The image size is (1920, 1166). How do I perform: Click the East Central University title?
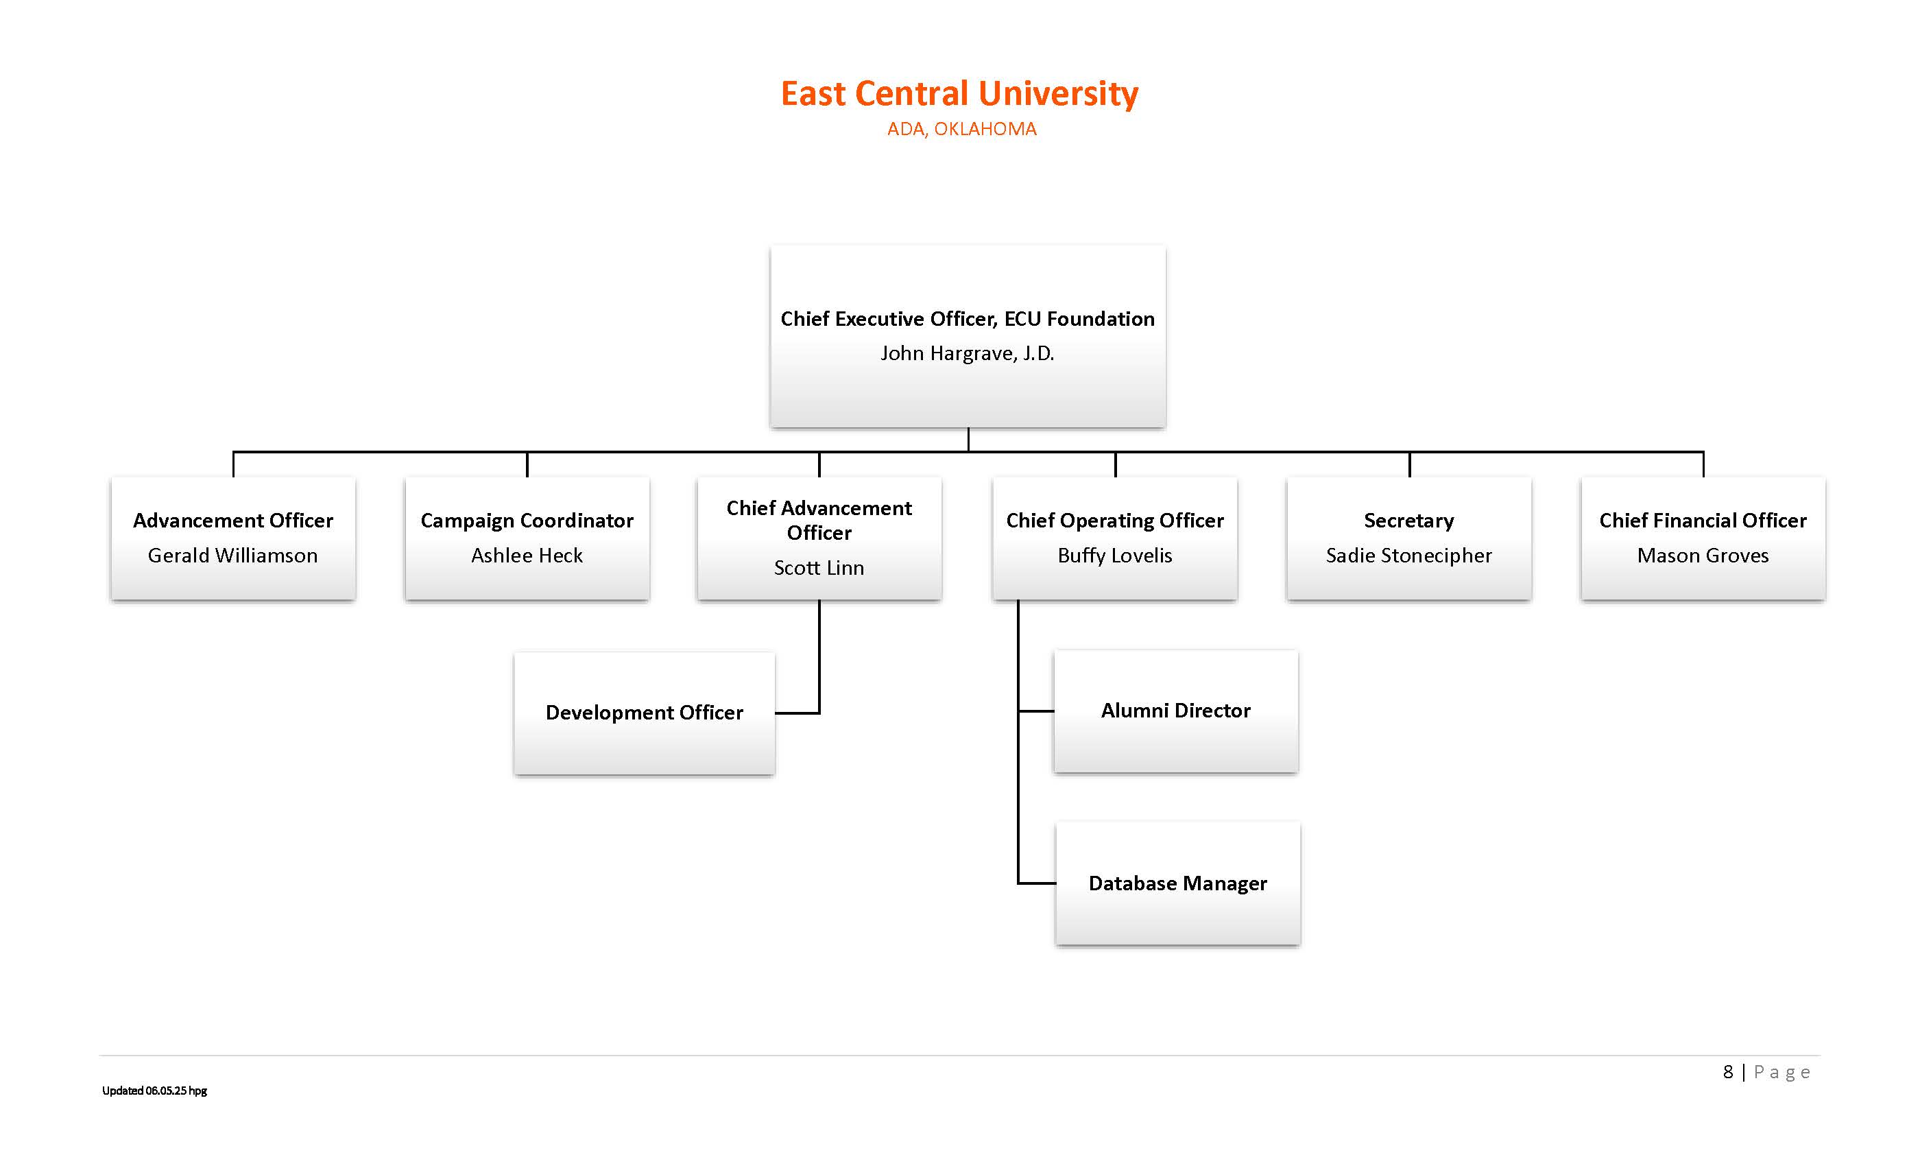click(x=959, y=93)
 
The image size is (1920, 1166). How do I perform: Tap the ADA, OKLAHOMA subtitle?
click(x=961, y=130)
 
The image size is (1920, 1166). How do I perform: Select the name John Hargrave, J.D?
click(x=967, y=353)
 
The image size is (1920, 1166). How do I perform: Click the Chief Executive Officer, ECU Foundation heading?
click(x=967, y=319)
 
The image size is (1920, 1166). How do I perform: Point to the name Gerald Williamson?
click(x=233, y=555)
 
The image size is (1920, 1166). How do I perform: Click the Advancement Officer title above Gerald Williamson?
click(x=233, y=520)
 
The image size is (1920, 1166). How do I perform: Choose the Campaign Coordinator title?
click(x=527, y=520)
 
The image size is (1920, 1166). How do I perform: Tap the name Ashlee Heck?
click(x=527, y=555)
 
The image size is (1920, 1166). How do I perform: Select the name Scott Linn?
click(x=819, y=567)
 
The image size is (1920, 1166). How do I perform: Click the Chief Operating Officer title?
click(x=1114, y=520)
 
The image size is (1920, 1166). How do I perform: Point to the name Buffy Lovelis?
click(x=1114, y=555)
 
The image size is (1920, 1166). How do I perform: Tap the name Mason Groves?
click(x=1703, y=555)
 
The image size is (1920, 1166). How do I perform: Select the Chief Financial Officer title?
click(x=1703, y=520)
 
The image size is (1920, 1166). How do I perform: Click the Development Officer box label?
click(x=644, y=713)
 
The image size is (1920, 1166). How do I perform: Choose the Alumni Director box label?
click(x=1175, y=710)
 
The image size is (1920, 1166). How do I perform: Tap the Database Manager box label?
click(x=1177, y=883)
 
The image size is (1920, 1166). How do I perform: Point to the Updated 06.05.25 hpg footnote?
click(x=154, y=1091)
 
